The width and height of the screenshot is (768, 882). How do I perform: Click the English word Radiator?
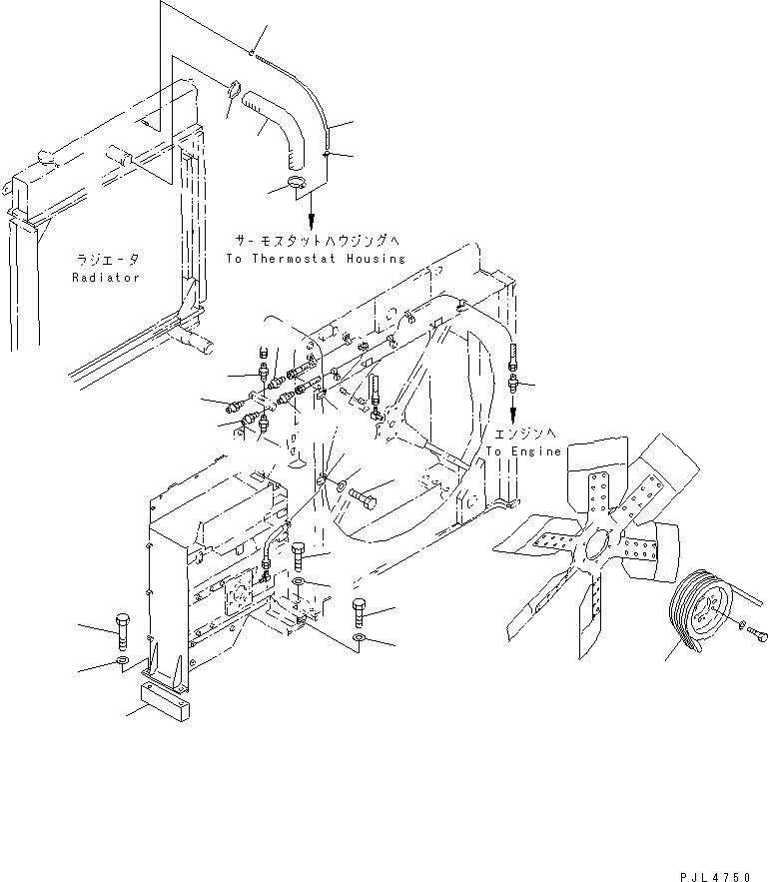click(x=106, y=277)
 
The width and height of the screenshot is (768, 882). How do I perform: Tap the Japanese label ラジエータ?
click(x=106, y=260)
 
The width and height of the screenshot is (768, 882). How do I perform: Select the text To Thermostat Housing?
click(x=316, y=258)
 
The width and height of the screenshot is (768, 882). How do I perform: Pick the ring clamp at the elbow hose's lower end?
click(x=297, y=183)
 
